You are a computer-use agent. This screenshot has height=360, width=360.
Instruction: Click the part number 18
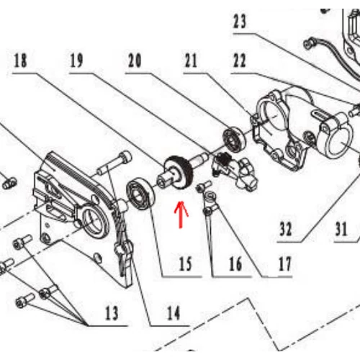20,60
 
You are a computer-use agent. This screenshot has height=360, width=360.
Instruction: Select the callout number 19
76,60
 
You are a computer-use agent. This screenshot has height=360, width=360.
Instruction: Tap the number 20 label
135,60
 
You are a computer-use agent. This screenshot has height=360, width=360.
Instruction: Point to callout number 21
191,60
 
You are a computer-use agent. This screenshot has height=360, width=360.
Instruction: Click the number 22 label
239,60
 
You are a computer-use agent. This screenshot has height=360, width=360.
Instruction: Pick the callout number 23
240,22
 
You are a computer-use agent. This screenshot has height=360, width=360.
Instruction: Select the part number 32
286,229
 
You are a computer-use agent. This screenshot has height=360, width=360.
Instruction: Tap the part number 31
341,229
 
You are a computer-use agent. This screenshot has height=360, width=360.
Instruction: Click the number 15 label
186,264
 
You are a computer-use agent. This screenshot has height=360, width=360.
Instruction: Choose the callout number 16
235,264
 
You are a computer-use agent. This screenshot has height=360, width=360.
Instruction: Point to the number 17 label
285,264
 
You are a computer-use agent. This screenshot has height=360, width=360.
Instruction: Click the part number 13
112,313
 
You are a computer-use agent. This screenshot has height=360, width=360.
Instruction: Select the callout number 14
174,313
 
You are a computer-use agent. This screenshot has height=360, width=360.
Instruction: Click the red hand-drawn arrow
181,215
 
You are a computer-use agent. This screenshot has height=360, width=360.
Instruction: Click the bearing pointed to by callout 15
140,193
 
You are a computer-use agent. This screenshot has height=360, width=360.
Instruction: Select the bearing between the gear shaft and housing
235,140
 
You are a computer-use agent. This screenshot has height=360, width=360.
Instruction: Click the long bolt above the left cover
114,163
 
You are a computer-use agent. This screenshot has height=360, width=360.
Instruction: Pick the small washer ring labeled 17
210,195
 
